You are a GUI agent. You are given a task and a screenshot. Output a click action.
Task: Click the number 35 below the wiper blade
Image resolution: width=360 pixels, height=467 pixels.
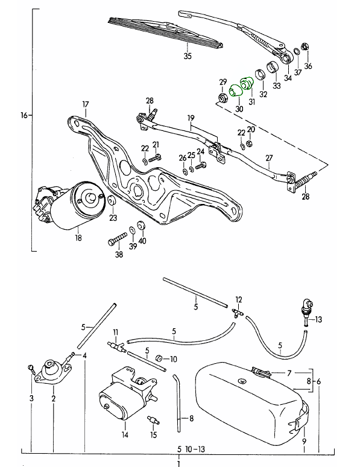(x=188, y=56)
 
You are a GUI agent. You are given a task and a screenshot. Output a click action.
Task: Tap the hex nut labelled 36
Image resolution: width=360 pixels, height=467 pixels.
(x=305, y=46)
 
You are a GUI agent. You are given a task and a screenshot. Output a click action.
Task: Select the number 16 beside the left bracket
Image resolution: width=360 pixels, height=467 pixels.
(x=24, y=115)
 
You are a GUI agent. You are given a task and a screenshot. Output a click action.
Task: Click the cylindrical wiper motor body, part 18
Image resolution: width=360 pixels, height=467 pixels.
(x=77, y=206)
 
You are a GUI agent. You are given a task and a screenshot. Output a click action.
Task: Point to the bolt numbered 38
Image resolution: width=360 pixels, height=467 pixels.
(x=118, y=239)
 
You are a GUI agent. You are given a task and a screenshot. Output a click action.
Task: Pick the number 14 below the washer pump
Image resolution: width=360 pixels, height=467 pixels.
(x=125, y=434)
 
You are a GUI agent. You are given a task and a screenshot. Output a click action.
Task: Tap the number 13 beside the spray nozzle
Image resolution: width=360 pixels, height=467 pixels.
(x=318, y=320)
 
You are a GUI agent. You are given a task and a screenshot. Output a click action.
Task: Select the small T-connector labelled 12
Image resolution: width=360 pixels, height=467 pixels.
(x=238, y=313)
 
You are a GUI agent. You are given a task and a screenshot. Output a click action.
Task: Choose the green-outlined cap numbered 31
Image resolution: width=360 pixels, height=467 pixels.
(x=246, y=83)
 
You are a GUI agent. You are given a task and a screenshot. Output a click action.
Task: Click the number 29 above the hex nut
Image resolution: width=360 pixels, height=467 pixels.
(x=223, y=82)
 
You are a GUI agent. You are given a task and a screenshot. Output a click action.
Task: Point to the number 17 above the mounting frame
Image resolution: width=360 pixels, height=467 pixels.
(x=86, y=104)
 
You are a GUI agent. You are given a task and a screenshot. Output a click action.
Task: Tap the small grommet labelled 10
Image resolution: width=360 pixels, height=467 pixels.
(x=159, y=358)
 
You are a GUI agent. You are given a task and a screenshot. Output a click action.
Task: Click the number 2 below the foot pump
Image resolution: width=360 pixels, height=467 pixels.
(x=54, y=398)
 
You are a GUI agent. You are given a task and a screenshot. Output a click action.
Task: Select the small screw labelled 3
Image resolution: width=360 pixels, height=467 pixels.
(x=31, y=369)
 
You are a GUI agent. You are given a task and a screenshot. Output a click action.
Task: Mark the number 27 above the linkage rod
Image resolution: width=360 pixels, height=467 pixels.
(x=269, y=158)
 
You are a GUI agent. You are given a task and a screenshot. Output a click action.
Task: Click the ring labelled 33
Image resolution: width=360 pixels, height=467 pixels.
(x=273, y=67)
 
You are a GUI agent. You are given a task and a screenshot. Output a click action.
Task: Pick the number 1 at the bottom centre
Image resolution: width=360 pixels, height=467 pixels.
(x=179, y=463)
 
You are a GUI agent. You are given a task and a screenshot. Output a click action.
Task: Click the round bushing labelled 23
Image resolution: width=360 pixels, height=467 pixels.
(x=112, y=201)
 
